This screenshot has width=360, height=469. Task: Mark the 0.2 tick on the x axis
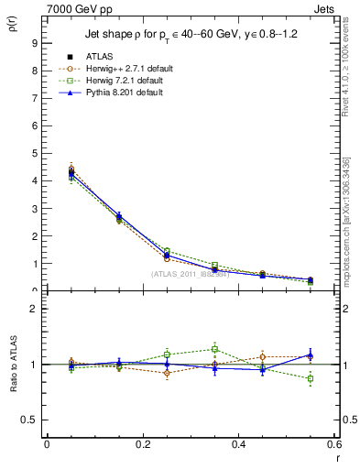coord(142,444)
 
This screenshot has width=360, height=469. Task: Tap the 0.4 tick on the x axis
coord(238,444)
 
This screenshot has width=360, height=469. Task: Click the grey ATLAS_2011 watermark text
coord(190,274)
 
